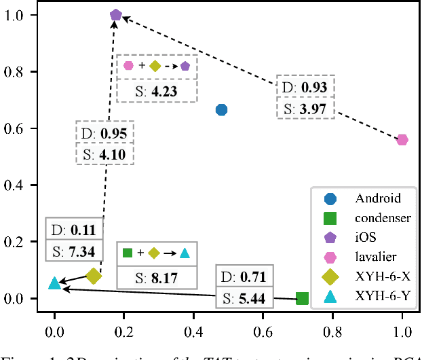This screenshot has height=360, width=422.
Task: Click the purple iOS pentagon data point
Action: (x=116, y=15)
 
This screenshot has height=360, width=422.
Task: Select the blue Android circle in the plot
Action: (x=221, y=110)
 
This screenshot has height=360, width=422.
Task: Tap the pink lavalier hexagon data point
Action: (x=402, y=140)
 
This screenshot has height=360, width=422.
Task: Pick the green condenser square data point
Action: (x=303, y=299)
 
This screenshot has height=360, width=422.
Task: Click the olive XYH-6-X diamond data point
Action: (x=94, y=276)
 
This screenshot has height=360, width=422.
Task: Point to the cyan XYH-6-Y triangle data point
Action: (x=55, y=283)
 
